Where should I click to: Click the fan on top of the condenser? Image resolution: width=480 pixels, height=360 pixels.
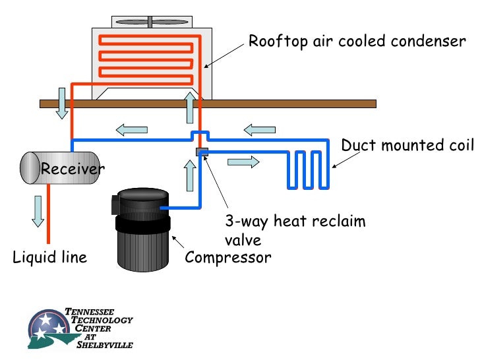(152, 22)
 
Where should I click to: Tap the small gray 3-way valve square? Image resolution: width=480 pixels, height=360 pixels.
(202, 152)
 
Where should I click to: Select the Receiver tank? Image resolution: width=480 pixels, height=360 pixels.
(60, 167)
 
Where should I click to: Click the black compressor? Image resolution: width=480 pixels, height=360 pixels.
(141, 229)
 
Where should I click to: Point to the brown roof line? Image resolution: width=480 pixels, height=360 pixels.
(208, 104)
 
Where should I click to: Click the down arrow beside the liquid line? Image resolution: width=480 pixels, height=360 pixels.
(38, 212)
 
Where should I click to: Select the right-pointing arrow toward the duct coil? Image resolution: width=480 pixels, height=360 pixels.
(243, 162)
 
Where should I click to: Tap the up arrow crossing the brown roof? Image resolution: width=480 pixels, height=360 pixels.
(190, 107)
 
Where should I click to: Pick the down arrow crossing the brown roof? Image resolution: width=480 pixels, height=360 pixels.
(62, 104)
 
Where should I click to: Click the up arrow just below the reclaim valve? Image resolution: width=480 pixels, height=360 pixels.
(190, 175)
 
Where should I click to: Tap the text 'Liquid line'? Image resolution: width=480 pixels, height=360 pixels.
(50, 257)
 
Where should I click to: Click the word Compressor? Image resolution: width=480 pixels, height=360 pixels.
(228, 257)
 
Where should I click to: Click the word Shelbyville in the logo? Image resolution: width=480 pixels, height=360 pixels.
(105, 345)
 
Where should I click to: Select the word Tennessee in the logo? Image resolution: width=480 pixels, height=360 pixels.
(90, 312)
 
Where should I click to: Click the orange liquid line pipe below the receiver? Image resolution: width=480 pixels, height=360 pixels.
(48, 214)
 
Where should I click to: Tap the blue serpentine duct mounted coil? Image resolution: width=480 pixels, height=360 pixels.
(308, 169)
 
